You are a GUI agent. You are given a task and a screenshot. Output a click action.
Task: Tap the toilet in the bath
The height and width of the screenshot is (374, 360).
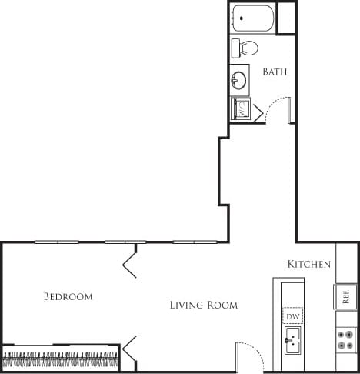tap(245, 48)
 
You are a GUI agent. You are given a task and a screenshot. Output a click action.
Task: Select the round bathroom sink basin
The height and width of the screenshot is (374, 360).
tap(239, 78)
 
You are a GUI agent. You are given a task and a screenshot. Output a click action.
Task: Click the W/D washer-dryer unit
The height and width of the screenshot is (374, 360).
tap(240, 109)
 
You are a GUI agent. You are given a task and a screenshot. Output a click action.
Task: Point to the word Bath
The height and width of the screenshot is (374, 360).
tap(275, 72)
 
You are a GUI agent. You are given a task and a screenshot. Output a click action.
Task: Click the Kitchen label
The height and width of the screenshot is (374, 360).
tap(308, 264)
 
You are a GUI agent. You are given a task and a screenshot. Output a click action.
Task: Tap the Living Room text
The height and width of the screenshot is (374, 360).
tap(203, 306)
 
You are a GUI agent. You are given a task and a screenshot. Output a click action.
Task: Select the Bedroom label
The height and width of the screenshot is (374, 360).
tap(68, 296)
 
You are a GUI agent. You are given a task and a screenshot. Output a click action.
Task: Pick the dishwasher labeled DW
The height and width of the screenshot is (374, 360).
tap(292, 316)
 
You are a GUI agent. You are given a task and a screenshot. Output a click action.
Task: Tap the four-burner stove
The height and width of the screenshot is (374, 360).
tap(345, 339)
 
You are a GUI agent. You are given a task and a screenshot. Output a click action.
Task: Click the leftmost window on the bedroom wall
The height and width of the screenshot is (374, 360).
tap(56, 242)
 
